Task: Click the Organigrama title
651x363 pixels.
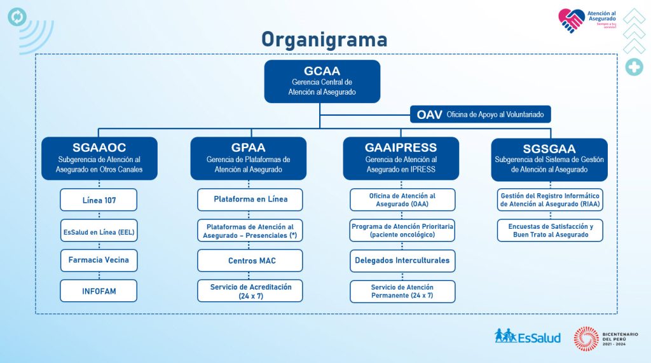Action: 324,39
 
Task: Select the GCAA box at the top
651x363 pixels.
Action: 322,81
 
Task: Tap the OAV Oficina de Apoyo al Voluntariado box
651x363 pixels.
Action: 480,114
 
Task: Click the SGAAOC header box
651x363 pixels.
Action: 99,158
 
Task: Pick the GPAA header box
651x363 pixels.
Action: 249,158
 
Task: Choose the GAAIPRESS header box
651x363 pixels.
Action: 401,158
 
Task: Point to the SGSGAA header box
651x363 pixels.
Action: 549,159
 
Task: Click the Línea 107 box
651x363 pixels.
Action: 99,200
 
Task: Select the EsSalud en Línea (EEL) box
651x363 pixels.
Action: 99,231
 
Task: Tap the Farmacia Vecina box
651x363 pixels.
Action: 99,260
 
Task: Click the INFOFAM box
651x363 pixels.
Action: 99,291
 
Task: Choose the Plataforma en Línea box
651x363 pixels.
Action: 250,200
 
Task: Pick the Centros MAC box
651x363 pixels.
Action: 250,261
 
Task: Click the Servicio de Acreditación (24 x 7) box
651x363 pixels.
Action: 250,291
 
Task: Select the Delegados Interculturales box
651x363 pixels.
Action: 402,261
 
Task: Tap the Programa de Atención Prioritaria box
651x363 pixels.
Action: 402,230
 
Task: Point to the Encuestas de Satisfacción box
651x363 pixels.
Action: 550,230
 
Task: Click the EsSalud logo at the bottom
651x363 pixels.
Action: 528,336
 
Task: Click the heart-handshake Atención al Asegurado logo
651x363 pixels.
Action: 571,20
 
